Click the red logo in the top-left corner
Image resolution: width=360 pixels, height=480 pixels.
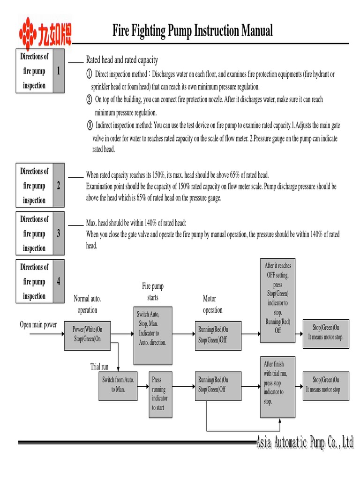(x=44, y=32)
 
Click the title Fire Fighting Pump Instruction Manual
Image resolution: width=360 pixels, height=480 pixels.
(x=192, y=31)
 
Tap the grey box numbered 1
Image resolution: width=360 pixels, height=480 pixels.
(x=59, y=71)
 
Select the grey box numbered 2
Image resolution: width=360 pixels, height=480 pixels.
(x=59, y=186)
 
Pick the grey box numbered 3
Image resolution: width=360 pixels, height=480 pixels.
(x=59, y=233)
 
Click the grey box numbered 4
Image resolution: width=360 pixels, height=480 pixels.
(x=59, y=281)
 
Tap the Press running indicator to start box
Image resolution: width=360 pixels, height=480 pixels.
(x=159, y=394)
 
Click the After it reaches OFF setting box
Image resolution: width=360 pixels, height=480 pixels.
(x=278, y=298)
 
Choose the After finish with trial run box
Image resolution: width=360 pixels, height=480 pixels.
(x=278, y=387)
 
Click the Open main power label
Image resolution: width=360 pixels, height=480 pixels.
(x=38, y=325)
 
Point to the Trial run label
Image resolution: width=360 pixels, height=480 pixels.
(x=99, y=366)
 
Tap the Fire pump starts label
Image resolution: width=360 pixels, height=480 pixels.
(x=153, y=292)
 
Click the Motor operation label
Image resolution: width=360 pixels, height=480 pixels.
(x=212, y=304)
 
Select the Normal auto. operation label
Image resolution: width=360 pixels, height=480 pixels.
(x=87, y=304)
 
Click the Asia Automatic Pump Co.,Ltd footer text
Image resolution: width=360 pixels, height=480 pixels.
(x=305, y=442)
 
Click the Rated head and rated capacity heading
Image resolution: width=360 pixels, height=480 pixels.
(x=122, y=60)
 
